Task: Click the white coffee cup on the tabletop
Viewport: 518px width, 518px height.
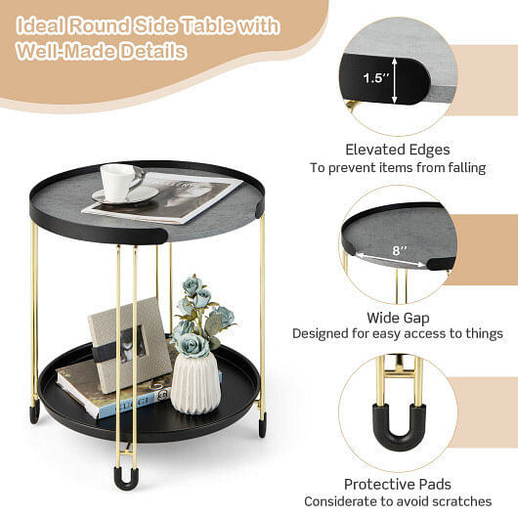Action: pyautogui.click(x=119, y=181)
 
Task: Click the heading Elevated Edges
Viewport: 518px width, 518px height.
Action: pyautogui.click(x=398, y=150)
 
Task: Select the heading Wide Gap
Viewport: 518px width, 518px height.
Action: pyautogui.click(x=397, y=317)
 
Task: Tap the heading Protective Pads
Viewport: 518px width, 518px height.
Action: pyautogui.click(x=397, y=484)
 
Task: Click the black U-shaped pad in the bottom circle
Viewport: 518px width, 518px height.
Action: pyautogui.click(x=397, y=419)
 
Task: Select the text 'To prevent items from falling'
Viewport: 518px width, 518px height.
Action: pyautogui.click(x=398, y=168)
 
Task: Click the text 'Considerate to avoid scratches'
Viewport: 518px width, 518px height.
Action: pyautogui.click(x=397, y=501)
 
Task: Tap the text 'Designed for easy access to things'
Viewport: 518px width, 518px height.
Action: pyautogui.click(x=398, y=334)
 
